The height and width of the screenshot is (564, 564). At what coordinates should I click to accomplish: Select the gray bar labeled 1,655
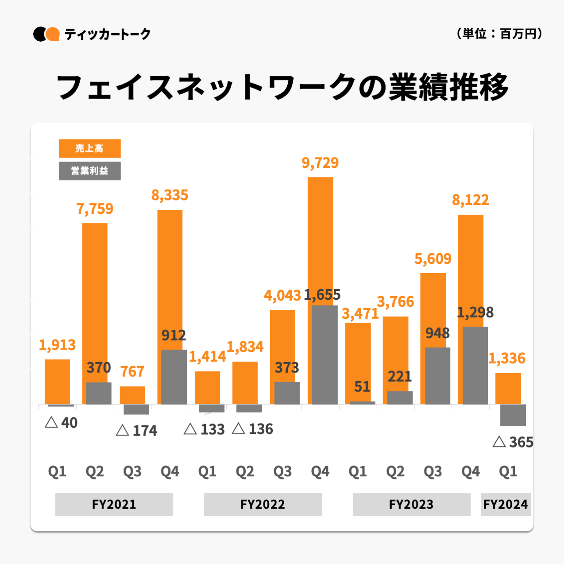coord(324,355)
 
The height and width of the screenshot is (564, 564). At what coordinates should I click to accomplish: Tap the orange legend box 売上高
coord(89,148)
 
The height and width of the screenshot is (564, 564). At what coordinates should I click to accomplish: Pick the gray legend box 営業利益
coord(89,171)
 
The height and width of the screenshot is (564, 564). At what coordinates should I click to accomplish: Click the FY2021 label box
coord(114,504)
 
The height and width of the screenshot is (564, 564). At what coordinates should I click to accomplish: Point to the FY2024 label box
coord(506,504)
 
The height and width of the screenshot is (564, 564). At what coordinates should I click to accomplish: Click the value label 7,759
coord(95,209)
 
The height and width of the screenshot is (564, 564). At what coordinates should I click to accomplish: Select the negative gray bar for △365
coord(513,415)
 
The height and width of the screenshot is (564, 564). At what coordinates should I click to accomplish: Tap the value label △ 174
coord(136,430)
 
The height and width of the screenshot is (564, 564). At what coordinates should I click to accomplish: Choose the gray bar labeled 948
coord(437,375)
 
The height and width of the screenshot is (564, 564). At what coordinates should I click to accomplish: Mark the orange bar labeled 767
coord(132,395)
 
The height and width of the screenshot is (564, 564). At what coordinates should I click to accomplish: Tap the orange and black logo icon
coord(46,34)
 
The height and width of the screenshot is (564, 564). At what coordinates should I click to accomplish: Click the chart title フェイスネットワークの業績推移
coord(282,87)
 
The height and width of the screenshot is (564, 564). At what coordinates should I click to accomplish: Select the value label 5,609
coord(433,259)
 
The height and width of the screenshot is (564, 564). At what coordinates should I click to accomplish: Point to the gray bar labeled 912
coord(174,377)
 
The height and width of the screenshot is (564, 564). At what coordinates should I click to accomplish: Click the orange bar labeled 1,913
coord(57,381)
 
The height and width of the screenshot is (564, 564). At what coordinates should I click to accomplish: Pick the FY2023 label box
coord(411,504)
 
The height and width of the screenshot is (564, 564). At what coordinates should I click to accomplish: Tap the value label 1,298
coord(475,313)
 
